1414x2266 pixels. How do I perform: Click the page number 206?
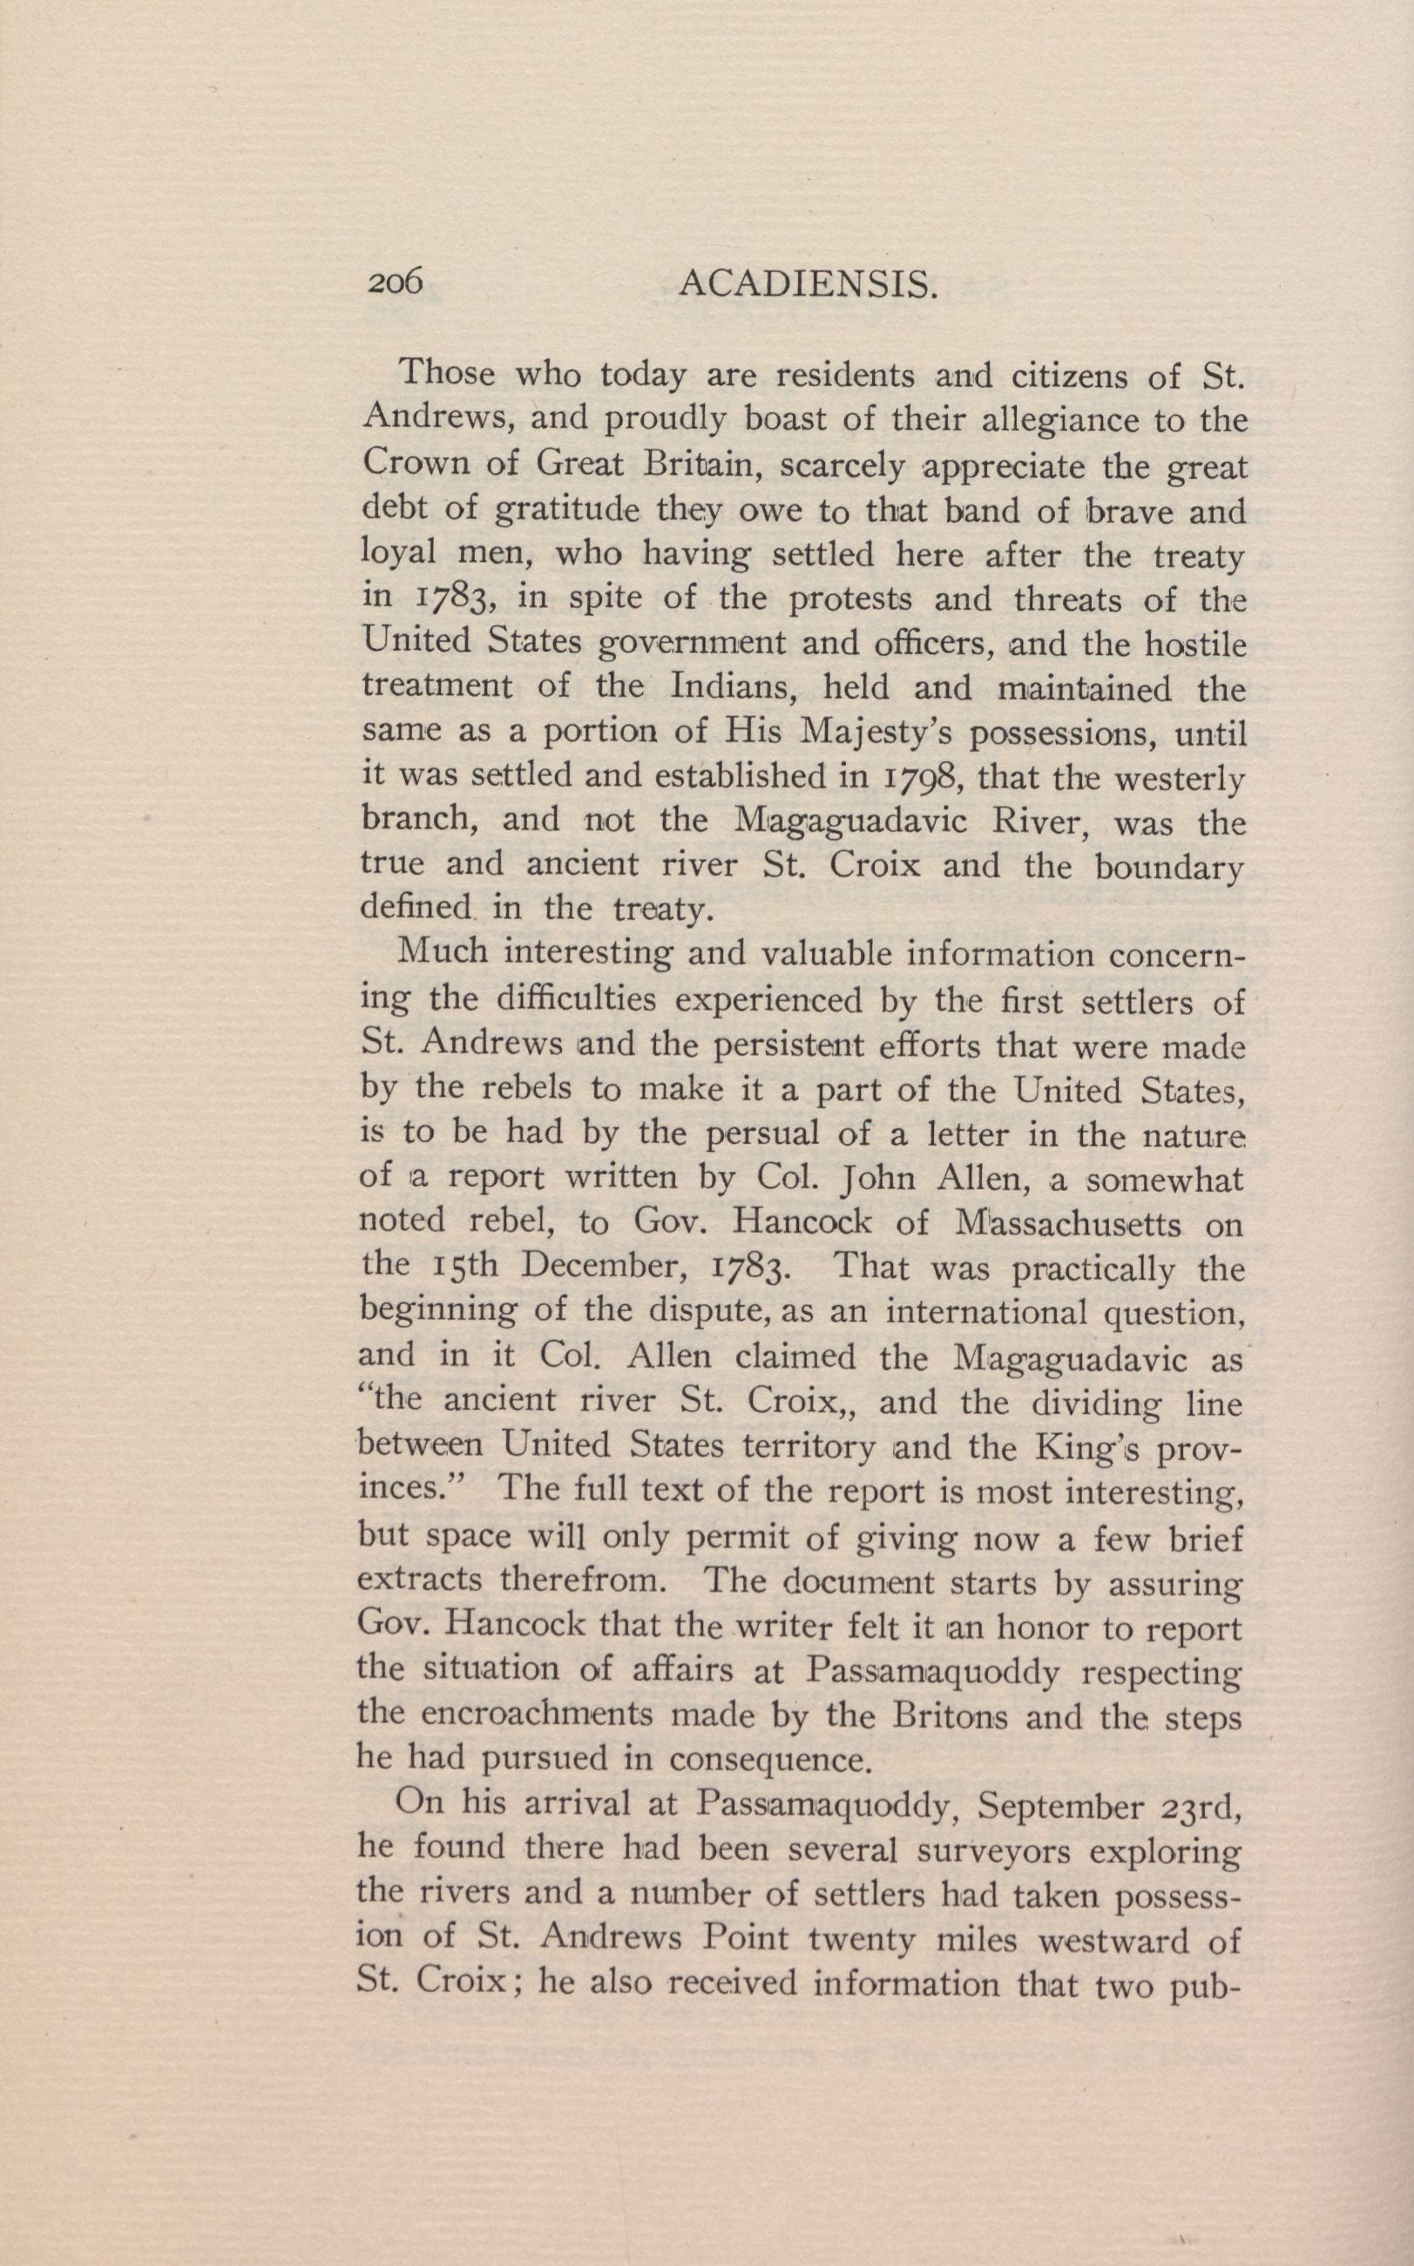[396, 281]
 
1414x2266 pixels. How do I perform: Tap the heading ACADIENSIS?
[807, 282]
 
